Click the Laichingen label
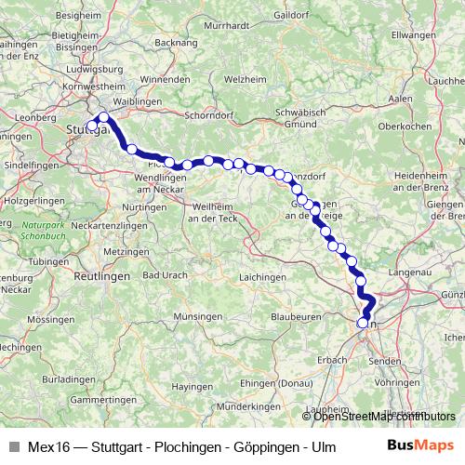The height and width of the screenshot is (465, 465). [x=262, y=277]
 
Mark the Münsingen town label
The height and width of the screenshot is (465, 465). [x=197, y=316]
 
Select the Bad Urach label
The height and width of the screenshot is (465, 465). [x=166, y=277]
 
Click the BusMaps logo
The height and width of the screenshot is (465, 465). [x=420, y=445]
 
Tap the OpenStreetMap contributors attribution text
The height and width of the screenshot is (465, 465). [x=383, y=416]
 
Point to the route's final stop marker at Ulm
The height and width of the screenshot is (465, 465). [x=363, y=324]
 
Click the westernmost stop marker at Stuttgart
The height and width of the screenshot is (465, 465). [x=92, y=126]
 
